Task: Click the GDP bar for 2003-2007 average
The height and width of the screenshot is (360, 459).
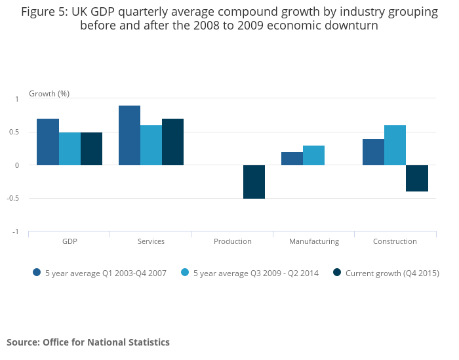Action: coord(48,142)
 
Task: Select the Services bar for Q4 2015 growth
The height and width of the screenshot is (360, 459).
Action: coord(172,142)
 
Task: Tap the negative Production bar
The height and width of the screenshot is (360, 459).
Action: coord(254,182)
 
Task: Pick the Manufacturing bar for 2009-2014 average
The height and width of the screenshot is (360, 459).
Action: coord(313,155)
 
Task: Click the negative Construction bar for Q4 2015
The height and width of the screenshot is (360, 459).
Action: coord(416,178)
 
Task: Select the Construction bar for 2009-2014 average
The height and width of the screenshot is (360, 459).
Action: coord(395,145)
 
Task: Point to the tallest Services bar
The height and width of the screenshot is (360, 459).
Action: coord(129,135)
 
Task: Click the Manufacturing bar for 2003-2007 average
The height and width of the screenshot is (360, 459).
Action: coord(292,159)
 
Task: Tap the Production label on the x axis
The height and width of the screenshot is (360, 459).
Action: coord(233,241)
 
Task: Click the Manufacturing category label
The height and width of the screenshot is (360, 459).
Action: coord(314,241)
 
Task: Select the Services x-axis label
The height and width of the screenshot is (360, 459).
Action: coord(151,241)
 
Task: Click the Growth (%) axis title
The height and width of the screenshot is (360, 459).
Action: coord(49,94)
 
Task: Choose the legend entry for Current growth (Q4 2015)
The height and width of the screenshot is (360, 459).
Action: coord(391,273)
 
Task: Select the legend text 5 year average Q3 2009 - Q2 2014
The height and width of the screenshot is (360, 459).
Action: coord(256,273)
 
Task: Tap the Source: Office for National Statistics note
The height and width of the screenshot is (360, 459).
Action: coord(88,342)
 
